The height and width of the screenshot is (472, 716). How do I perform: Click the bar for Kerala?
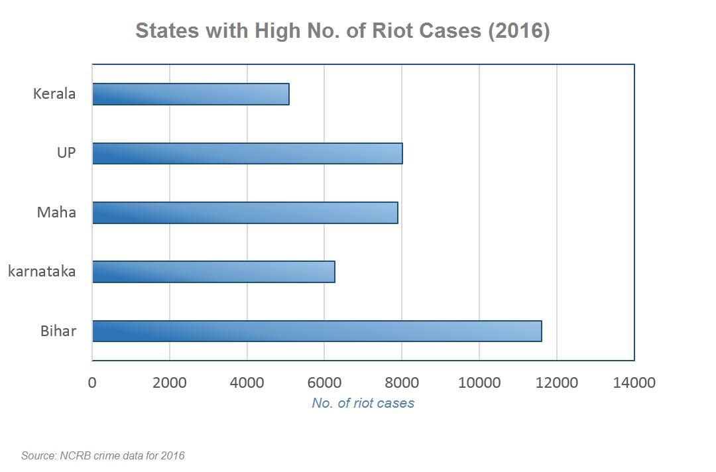pos(191,94)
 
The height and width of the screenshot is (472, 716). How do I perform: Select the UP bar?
pos(247,153)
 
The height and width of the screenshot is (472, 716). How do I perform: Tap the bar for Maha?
pos(245,213)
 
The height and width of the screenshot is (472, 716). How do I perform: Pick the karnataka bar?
pos(213,272)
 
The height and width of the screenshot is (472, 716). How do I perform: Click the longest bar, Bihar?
pos(317,331)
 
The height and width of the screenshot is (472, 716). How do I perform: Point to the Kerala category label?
pos(54,94)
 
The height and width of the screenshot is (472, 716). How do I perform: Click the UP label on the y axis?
pos(66,153)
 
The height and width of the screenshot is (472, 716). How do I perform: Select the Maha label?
pos(56,213)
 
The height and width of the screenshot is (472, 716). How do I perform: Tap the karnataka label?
pos(42,272)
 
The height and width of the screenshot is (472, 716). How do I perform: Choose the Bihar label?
pos(58,331)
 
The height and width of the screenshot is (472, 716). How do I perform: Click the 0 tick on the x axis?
pos(92,383)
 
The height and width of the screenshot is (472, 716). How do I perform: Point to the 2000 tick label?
pos(170,383)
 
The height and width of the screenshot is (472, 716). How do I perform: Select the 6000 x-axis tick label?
pos(324,383)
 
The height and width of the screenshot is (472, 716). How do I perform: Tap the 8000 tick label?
pos(402,383)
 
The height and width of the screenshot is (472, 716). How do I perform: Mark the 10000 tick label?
pos(479,383)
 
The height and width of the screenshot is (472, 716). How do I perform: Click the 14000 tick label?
pos(634,383)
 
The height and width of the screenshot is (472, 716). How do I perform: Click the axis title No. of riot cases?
pos(363,403)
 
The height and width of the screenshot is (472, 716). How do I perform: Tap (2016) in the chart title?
pos(518,31)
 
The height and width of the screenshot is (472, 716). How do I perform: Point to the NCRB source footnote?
pos(103,455)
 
